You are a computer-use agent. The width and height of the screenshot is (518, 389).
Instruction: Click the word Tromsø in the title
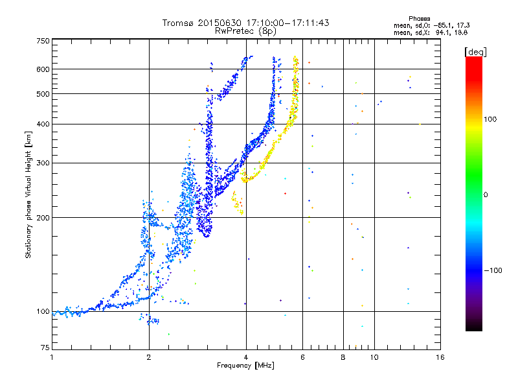pyautogui.click(x=179, y=23)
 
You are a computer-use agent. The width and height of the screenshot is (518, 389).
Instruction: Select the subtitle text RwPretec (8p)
pyautogui.click(x=245, y=31)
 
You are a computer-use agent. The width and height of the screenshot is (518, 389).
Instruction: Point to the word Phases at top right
pyautogui.click(x=419, y=19)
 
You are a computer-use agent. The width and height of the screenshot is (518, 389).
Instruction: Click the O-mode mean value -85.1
pyautogui.click(x=441, y=25)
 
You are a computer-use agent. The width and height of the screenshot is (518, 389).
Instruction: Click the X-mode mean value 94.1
pyautogui.click(x=442, y=32)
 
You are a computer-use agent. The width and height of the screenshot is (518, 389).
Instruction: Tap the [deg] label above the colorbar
pyautogui.click(x=475, y=52)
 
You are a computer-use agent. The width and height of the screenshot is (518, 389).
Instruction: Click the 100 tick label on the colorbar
pyautogui.click(x=490, y=119)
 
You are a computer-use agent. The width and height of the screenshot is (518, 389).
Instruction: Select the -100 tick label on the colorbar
pyautogui.click(x=493, y=270)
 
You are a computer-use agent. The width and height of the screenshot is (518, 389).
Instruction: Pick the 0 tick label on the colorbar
pyautogui.click(x=486, y=195)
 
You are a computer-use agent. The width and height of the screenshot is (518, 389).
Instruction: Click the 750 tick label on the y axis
pyautogui.click(x=43, y=41)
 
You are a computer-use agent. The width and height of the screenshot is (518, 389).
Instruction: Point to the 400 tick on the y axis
pyautogui.click(x=43, y=124)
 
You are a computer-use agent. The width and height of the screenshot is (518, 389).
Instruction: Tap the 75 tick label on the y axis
pyautogui.click(x=45, y=348)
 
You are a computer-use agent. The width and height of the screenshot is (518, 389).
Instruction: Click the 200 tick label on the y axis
pyautogui.click(x=43, y=218)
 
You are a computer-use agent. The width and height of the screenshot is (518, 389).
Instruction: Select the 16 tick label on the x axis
pyautogui.click(x=440, y=357)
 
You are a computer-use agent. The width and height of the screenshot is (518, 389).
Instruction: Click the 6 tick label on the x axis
pyautogui.click(x=302, y=357)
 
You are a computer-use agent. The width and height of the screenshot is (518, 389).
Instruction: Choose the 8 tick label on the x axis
pyautogui.click(x=343, y=357)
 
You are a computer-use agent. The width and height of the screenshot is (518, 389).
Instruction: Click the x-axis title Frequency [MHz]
pyautogui.click(x=245, y=366)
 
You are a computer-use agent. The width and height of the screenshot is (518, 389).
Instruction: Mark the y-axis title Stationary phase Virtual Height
pyautogui.click(x=28, y=195)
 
